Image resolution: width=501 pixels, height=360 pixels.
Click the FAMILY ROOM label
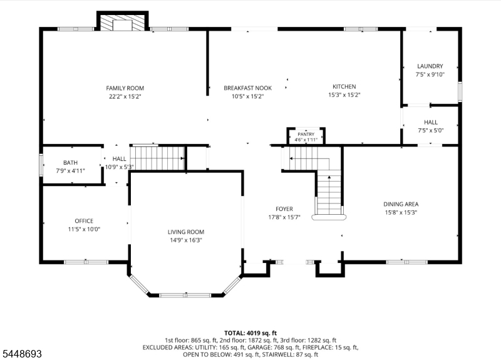pos(125,88)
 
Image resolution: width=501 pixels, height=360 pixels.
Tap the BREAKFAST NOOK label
pos(247,88)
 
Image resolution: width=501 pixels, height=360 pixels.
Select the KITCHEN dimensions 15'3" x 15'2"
pos(344,95)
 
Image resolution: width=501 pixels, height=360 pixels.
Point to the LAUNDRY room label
pos(430,66)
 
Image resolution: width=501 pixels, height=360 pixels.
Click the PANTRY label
pos(306,134)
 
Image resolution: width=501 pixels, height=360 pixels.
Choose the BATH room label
pos(70,163)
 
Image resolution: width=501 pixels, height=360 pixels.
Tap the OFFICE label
pos(84,221)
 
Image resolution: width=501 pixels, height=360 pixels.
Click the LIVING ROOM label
pos(186,232)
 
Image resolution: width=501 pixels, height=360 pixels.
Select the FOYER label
pos(284,209)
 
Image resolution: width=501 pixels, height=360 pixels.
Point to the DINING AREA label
pos(401,204)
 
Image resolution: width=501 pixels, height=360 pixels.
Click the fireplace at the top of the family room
pos(123,22)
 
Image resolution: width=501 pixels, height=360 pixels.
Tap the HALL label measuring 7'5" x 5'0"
pos(431,122)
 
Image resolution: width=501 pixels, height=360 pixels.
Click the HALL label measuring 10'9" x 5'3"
pos(119,159)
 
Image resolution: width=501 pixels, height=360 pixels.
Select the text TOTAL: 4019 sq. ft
pos(250,334)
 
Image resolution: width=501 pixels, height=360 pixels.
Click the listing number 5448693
pos(22,354)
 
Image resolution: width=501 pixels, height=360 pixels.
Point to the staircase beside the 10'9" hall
pos(158,158)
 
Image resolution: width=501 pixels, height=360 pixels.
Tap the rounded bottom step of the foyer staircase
pos(329,217)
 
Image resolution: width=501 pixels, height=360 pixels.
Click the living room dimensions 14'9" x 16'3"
pos(186,240)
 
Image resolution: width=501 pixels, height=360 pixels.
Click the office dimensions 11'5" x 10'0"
pos(84,229)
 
